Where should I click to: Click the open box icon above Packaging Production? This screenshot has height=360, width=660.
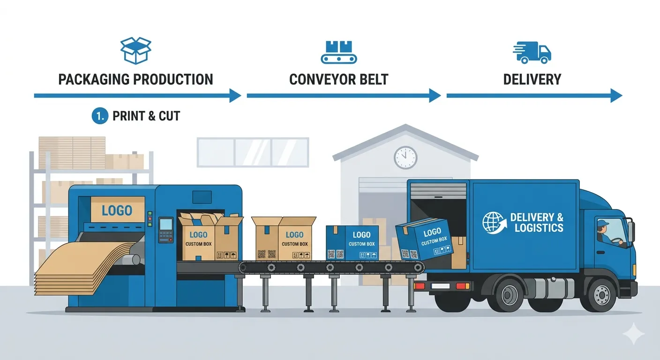(136, 51)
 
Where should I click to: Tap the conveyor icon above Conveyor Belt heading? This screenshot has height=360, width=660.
(339, 52)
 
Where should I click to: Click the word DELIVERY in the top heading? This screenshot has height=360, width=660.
(532, 79)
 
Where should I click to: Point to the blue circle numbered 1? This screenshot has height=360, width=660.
(100, 116)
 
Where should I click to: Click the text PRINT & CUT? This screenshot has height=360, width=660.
(146, 116)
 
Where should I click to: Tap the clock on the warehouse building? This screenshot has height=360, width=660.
(405, 157)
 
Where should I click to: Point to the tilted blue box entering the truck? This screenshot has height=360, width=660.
(424, 240)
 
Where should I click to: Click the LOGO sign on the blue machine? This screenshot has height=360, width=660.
(117, 210)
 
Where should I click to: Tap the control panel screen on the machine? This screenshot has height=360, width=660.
(165, 225)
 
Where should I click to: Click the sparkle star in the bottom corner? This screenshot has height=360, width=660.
(633, 334)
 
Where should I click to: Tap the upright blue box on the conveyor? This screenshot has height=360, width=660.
(352, 242)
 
